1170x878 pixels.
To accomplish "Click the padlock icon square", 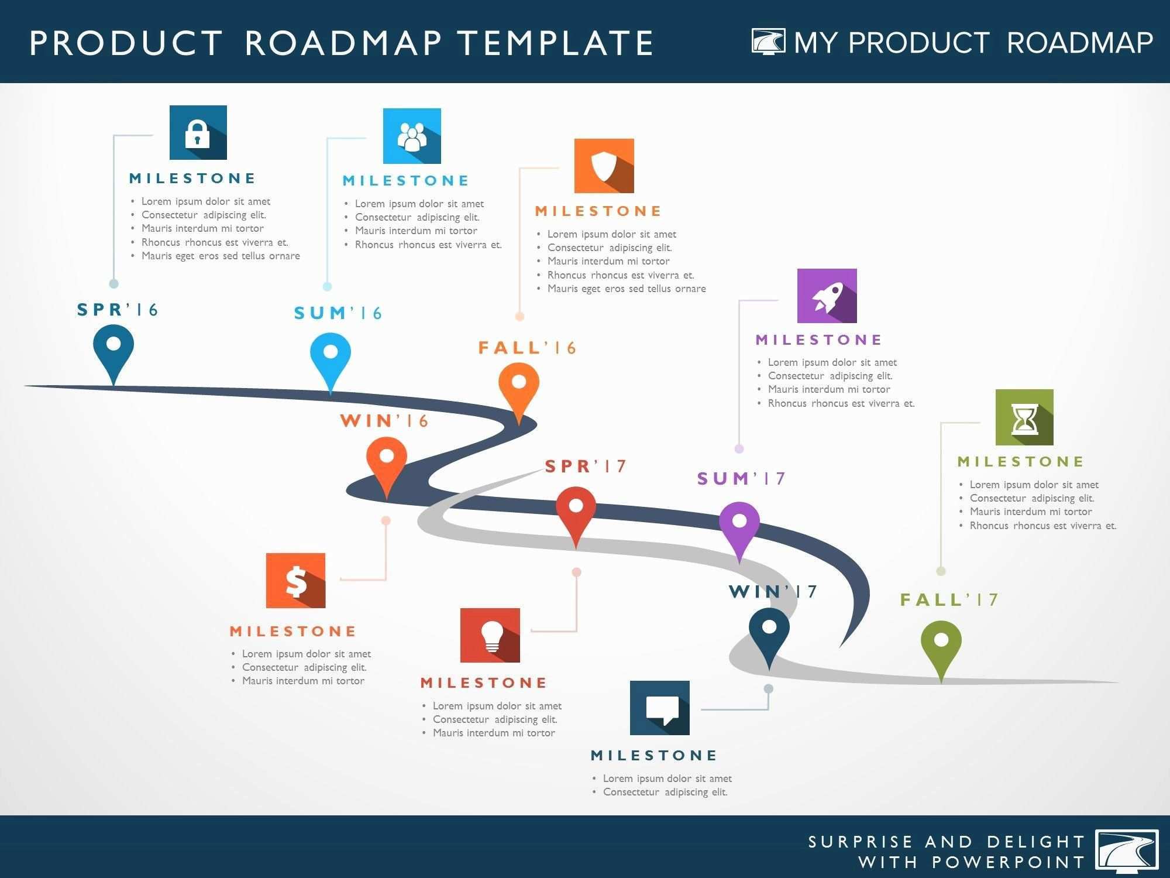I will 198,132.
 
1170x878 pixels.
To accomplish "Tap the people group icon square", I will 412,136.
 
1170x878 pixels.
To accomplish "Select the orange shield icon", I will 604,166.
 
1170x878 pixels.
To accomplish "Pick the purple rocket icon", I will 827,296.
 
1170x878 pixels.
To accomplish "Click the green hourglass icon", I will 1024,417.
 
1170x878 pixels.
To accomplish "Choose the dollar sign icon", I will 295,580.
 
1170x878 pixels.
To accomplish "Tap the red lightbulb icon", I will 490,635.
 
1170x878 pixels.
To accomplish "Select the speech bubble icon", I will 659,708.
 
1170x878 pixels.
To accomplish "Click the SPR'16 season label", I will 118,310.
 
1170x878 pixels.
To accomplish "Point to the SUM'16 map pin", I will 331,358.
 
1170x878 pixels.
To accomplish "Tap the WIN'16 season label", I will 384,421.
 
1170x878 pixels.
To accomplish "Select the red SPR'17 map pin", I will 576,512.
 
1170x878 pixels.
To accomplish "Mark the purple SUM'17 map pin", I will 739,526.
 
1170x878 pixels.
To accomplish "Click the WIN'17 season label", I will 773,592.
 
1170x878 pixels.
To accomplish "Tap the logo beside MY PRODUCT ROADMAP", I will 768,42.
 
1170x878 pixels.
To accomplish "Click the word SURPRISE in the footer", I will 861,842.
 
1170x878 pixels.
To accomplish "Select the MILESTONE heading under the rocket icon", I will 819,340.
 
